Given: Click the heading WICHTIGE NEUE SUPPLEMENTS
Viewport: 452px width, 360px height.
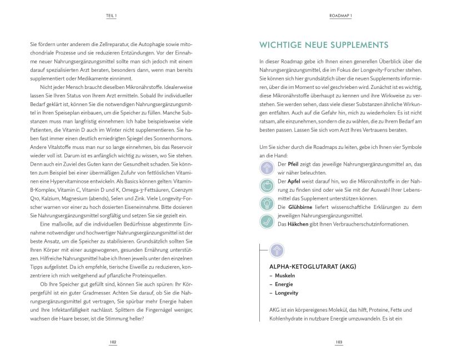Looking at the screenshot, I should (x=324, y=45).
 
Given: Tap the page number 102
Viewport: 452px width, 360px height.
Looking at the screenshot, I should (x=113, y=342).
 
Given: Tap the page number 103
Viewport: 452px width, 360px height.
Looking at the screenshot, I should (x=339, y=342).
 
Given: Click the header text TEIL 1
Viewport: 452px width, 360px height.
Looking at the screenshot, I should (x=111, y=16).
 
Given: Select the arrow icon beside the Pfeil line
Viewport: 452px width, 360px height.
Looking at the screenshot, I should (x=267, y=168).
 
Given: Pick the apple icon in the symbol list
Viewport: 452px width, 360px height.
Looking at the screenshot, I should (x=267, y=186).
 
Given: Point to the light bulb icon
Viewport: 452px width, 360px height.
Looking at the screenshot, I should (x=267, y=203).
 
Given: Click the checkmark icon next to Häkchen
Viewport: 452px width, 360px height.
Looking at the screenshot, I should (x=267, y=221).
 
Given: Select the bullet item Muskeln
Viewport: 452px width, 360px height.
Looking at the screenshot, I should (x=284, y=276).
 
